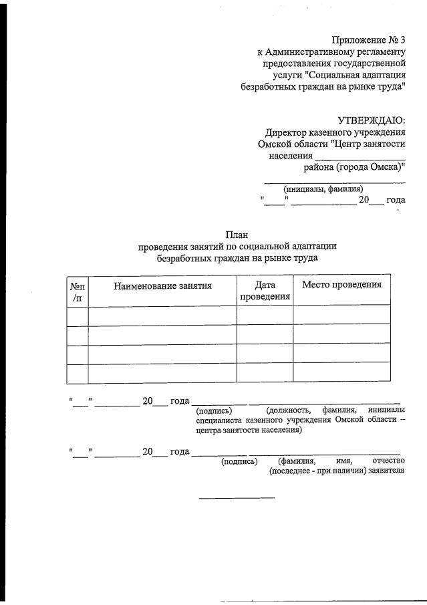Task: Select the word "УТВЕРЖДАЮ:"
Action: pos(371,120)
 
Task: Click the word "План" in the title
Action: pos(237,235)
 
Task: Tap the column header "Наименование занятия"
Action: pos(162,285)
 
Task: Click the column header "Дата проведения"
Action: pos(265,291)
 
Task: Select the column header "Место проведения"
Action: pos(341,285)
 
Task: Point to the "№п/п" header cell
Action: pos(78,291)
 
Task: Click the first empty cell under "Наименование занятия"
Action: pos(162,316)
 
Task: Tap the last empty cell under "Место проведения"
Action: pos(341,372)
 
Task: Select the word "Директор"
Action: pos(287,132)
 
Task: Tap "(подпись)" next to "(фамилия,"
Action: pos(239,461)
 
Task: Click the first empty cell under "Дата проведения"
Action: pos(265,316)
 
